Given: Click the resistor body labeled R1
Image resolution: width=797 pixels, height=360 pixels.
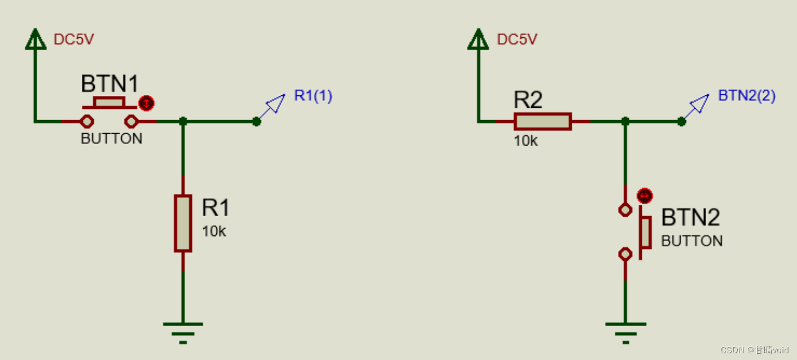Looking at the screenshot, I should pos(183,223).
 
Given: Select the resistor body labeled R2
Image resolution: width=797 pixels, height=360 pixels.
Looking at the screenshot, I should pos(542,121).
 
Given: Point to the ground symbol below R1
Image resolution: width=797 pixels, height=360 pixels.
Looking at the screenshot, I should pos(183,331).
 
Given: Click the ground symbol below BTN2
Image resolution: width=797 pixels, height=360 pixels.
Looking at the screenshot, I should pos(625,331).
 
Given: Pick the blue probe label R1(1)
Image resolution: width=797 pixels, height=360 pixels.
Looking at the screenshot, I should pos(313,96).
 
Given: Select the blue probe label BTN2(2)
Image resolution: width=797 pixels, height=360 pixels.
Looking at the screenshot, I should pos(747,96).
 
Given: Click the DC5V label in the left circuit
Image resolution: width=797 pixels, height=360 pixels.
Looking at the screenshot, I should pos(73,39).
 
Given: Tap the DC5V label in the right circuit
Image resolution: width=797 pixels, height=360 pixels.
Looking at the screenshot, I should pos(517,39).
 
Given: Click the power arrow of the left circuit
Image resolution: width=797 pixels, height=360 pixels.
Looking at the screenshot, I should pos(36,39).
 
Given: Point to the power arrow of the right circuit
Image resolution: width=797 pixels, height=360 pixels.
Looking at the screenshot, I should pos(478,39).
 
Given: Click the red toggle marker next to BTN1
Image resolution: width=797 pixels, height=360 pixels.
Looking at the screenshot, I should pos(146,103).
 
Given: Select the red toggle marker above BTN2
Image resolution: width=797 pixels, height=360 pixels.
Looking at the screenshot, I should pos(644,196).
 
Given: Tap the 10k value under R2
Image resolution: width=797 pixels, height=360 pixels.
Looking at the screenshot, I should pos(526,141).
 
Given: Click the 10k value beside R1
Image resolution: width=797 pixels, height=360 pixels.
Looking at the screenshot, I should pos(214,231).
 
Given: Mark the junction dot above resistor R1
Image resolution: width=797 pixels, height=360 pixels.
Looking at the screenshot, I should pos(183,121).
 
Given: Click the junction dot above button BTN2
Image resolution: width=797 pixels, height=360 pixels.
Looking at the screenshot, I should pos(625,121).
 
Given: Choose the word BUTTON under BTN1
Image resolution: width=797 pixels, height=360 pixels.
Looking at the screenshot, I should pos(112,139).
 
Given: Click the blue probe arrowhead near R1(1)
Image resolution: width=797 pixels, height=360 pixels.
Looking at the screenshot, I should pos(276,103).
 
